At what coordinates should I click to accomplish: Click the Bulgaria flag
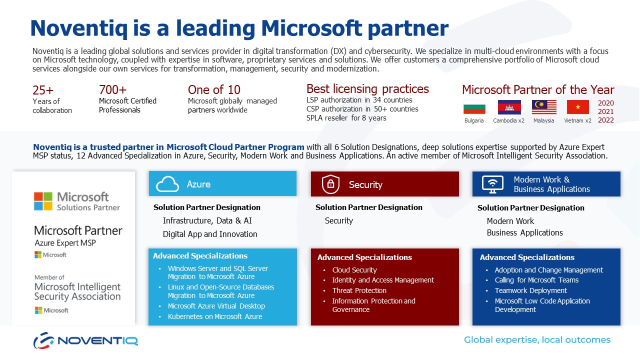click(474, 107)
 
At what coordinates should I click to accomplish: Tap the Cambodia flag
click(509, 107)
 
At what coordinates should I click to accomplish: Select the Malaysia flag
click(544, 107)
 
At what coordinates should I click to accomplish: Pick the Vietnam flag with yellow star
click(577, 107)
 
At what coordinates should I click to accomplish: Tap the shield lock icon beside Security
click(330, 184)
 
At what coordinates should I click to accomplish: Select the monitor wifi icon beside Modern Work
click(492, 184)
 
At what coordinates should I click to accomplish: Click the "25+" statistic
click(43, 90)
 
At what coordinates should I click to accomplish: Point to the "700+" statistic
click(112, 89)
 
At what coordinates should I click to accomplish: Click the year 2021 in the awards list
click(605, 111)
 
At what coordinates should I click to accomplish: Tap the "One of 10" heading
click(214, 89)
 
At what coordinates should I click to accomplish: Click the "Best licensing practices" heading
click(367, 89)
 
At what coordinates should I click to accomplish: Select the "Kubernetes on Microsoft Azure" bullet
click(215, 316)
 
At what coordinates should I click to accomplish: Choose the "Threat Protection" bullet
click(359, 290)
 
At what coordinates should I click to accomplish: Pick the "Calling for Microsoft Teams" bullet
click(536, 280)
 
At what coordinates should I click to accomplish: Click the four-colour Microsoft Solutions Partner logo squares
click(43, 201)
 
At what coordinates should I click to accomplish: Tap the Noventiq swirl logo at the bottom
click(43, 340)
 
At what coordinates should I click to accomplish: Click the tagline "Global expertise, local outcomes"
click(537, 339)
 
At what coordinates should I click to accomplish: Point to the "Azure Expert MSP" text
click(65, 243)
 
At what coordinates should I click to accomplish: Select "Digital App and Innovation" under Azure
click(210, 234)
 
